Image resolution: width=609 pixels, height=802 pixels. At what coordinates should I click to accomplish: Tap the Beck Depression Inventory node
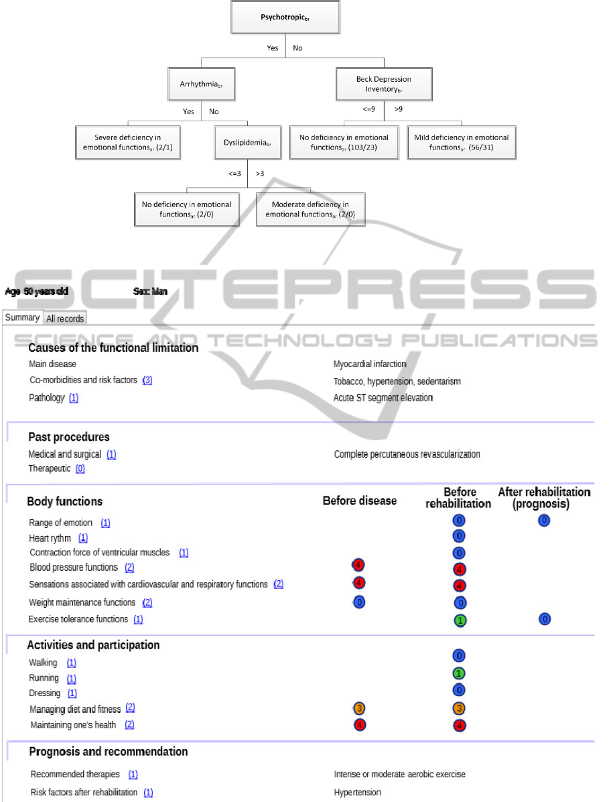[383, 83]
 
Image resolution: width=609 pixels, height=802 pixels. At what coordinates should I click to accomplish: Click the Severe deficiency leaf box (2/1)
[127, 142]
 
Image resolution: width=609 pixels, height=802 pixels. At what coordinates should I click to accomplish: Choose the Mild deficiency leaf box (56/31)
[462, 142]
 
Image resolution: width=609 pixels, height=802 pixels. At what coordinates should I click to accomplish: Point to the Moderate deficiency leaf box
[311, 209]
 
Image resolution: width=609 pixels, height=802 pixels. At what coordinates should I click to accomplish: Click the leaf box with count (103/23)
[343, 142]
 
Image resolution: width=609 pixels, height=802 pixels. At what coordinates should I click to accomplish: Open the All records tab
[65, 319]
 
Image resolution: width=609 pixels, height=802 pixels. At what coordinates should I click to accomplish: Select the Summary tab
[22, 318]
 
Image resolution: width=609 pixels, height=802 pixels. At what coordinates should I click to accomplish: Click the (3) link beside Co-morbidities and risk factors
[147, 380]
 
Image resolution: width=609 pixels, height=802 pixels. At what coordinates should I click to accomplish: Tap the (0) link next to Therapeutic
[80, 468]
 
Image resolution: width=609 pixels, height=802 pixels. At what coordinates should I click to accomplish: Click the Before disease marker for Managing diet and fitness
[360, 708]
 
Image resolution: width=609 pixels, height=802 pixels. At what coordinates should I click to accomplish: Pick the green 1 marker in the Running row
[459, 673]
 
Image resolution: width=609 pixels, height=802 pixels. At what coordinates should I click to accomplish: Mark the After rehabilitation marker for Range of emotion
[544, 520]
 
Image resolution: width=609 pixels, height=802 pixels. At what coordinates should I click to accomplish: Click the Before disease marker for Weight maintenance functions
[360, 602]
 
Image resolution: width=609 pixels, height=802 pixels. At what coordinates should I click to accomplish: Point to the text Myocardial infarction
[370, 364]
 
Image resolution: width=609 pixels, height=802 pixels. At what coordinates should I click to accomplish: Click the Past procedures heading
[68, 437]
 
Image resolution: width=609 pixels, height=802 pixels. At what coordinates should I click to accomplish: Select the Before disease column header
[359, 501]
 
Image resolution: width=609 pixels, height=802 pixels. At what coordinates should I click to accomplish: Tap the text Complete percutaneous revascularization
[407, 454]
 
